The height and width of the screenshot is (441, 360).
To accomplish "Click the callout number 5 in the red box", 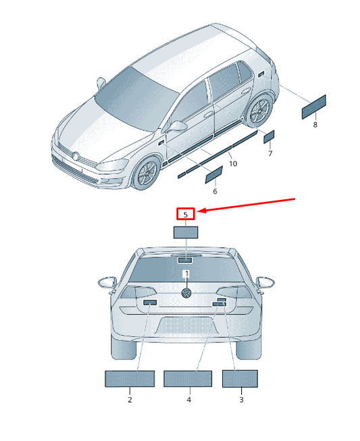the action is pos(185,215).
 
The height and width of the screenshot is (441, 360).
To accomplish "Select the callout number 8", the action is pos(315,124).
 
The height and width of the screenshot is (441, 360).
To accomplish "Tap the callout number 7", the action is pos(270,153).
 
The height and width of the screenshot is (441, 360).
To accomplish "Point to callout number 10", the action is pos(233,163).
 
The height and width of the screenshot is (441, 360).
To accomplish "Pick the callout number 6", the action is pos(215,191).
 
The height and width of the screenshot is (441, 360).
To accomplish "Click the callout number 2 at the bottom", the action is pos(130,400).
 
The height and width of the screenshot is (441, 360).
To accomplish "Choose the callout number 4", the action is pos(189,400).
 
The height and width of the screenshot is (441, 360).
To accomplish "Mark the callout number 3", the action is pos(241,400).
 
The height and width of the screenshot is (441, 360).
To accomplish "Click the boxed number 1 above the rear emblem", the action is pos(186,274).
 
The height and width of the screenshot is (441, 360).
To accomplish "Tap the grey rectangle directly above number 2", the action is pos(130,379).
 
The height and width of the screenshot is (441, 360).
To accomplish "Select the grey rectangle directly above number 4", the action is pos(188,379).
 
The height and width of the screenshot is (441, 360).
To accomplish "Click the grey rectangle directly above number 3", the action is pos(240,379).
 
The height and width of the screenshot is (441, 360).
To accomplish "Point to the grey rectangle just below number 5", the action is pos(186,232).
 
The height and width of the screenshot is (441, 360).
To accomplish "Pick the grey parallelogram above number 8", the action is pos(314,107).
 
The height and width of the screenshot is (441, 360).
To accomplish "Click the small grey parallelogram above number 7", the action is pos(269,136).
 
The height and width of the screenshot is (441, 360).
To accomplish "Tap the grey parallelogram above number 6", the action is pos(214,175).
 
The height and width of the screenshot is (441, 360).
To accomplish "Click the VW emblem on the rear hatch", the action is pos(186,293).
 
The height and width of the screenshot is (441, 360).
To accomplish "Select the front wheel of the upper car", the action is pos(147,173).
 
